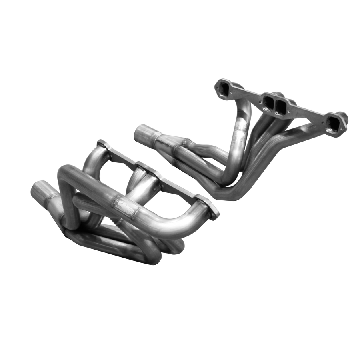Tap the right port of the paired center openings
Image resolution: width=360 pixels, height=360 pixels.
[x=281, y=104]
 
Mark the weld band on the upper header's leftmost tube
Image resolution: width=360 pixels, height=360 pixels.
[x=240, y=128]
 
